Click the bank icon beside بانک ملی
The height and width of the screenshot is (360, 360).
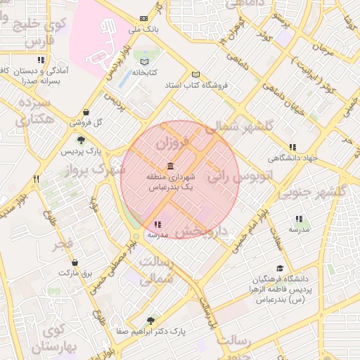coord(144,18)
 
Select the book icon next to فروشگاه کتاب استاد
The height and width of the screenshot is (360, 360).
coord(195,75)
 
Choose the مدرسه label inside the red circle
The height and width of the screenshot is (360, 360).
coord(155,235)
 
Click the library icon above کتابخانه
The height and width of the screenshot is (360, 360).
coord(145,61)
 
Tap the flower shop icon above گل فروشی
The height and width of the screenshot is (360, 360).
coord(86,111)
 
